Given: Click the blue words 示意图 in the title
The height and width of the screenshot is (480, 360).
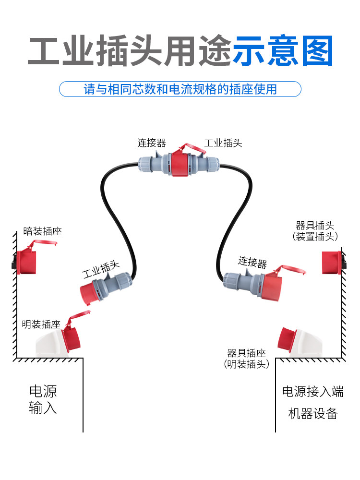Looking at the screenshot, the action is click(283, 51).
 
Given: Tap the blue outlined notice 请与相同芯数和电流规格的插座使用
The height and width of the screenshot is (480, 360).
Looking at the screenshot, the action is click(180, 89).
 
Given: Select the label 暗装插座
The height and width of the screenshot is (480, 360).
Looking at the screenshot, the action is click(43, 231).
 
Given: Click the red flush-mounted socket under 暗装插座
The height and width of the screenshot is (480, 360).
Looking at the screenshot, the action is click(26, 262).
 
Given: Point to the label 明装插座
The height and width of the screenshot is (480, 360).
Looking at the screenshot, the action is click(41, 324).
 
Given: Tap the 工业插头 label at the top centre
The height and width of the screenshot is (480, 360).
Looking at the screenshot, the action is click(223, 143).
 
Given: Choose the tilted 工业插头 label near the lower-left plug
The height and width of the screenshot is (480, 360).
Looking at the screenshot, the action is click(101, 269).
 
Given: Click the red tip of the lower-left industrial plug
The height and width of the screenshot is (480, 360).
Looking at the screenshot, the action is click(89, 293).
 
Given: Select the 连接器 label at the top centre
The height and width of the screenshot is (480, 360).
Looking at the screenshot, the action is click(152, 143).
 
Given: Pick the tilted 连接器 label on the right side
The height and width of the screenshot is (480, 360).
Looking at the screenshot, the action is click(252, 263).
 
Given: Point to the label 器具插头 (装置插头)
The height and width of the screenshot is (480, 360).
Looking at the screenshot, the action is click(315, 231).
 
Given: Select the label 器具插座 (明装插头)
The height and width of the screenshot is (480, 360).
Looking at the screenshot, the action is click(246, 359).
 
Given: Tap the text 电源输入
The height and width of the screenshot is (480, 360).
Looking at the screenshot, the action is click(43, 399).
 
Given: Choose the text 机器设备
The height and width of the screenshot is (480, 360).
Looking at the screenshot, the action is click(313, 414).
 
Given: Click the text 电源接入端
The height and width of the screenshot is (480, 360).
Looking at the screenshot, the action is click(313, 392).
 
